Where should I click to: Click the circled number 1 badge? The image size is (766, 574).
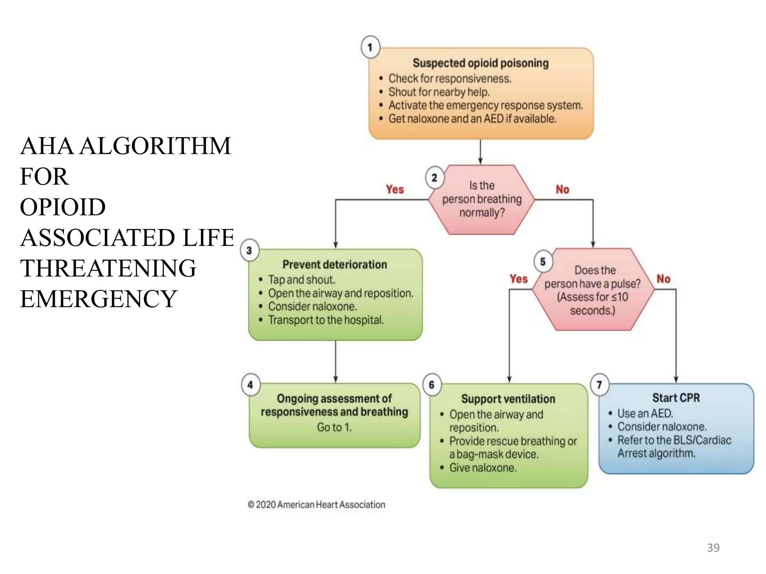pyautogui.click(x=370, y=47)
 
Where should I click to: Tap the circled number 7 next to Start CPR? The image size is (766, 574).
pyautogui.click(x=599, y=385)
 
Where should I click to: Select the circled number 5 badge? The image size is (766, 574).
pyautogui.click(x=543, y=262)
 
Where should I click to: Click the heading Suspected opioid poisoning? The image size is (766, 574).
pyautogui.click(x=481, y=63)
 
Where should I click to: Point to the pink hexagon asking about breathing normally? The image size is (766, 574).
pyautogui.click(x=481, y=200)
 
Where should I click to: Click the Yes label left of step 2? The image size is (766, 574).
pyautogui.click(x=395, y=189)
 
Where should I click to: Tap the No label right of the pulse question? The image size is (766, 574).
pyautogui.click(x=664, y=279)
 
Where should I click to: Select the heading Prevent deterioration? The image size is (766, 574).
pyautogui.click(x=335, y=265)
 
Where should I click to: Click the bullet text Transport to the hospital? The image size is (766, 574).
pyautogui.click(x=326, y=320)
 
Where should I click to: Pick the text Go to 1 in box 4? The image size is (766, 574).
pyautogui.click(x=334, y=427)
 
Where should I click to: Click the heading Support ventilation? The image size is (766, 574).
pyautogui.click(x=508, y=399)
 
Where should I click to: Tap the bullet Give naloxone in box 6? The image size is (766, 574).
pyautogui.click(x=482, y=468)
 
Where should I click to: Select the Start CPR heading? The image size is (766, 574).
pyautogui.click(x=676, y=398)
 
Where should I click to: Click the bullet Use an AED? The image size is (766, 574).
pyautogui.click(x=645, y=414)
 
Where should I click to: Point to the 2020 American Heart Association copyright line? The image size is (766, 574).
pyautogui.click(x=316, y=505)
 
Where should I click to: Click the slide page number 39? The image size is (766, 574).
pyautogui.click(x=713, y=548)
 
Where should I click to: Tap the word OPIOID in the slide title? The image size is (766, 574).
pyautogui.click(x=63, y=207)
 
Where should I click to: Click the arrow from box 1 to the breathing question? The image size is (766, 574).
pyautogui.click(x=480, y=152)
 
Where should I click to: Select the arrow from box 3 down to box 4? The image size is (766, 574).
pyautogui.click(x=335, y=361)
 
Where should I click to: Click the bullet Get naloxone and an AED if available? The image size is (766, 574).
pyautogui.click(x=472, y=119)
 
